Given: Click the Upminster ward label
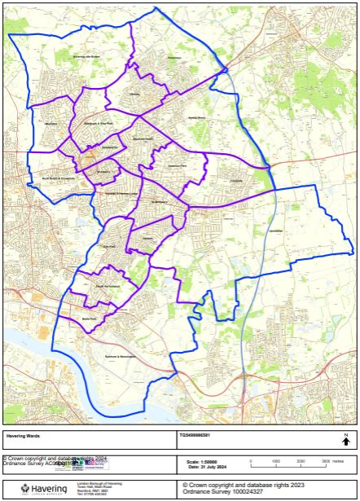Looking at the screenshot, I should (x=275, y=231).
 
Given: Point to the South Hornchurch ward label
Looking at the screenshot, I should (x=108, y=287).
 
